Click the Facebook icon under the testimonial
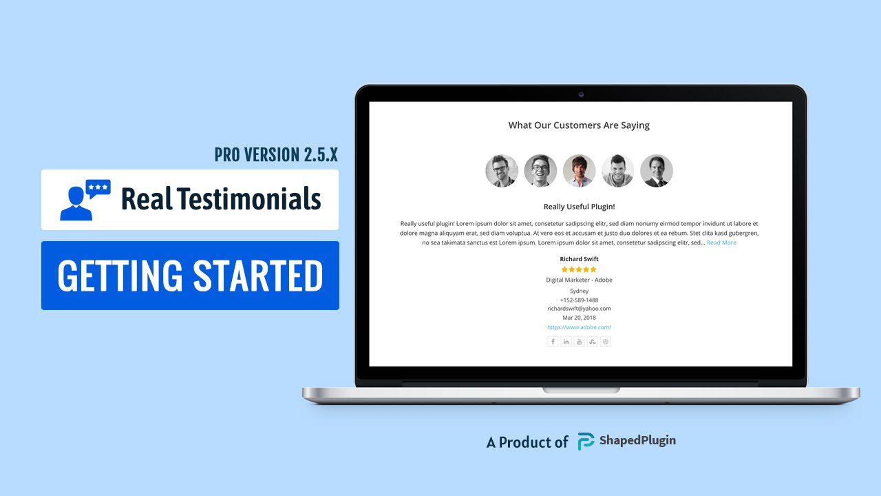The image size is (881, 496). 553,342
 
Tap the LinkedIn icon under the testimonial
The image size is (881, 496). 566,342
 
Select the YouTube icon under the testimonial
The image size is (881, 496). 580,342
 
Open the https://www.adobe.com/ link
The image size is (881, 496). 579,327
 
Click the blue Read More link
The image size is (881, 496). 721,242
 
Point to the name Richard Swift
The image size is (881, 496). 579,259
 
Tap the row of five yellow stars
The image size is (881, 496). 579,269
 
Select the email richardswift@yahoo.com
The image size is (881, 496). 579,309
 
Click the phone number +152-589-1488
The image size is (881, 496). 579,300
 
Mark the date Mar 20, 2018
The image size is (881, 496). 579,318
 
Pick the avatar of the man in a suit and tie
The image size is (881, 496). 657,171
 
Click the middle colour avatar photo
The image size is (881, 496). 579,171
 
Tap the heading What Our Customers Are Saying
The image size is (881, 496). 579,125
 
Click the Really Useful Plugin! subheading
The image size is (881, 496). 579,207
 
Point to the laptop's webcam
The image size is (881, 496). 581,94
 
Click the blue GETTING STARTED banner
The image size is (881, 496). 190,276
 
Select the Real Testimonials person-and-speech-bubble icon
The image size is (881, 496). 85,200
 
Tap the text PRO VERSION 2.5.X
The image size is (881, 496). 276,155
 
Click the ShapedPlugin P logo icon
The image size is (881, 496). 586,441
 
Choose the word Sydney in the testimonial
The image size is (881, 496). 579,291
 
